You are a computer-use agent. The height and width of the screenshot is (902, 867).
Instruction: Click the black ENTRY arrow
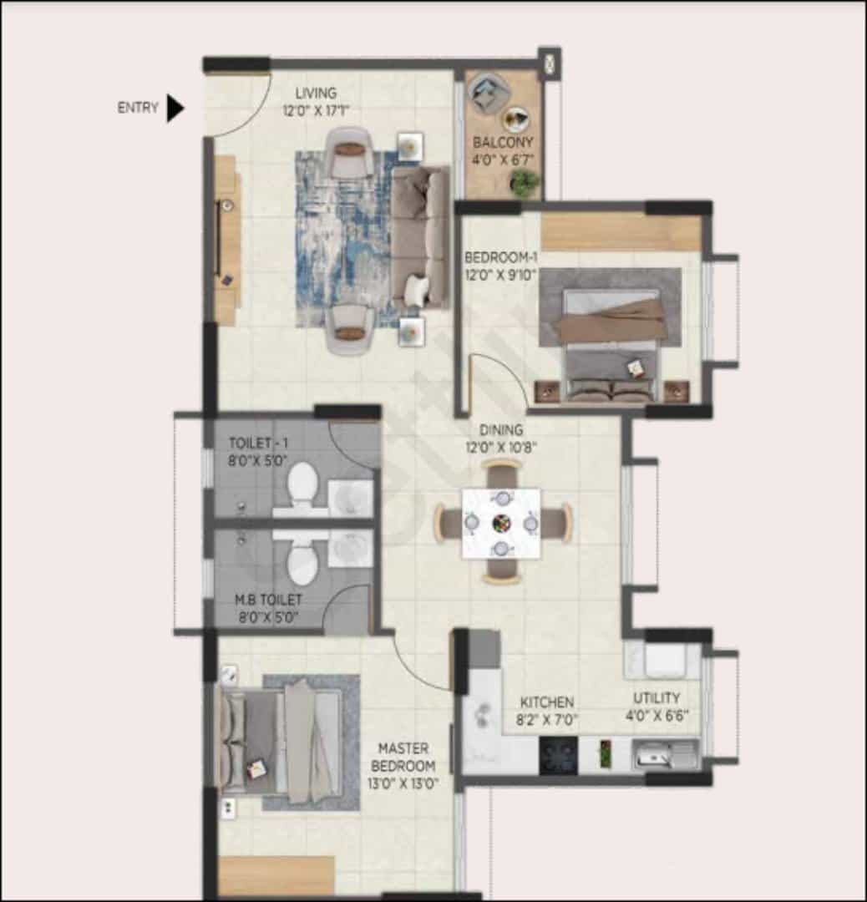(175, 108)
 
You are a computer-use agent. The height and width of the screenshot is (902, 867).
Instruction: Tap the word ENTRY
(138, 108)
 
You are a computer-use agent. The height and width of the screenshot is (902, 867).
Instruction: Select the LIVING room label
(316, 93)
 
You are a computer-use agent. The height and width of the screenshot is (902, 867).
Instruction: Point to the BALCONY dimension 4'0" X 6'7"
(503, 160)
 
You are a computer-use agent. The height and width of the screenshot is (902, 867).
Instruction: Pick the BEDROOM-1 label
(501, 257)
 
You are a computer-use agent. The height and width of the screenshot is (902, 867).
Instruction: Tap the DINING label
(501, 430)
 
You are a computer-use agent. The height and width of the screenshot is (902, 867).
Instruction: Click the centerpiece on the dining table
(502, 524)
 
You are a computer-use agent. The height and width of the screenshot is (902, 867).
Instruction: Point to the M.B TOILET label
(268, 600)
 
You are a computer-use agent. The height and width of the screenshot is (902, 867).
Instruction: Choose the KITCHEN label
(547, 702)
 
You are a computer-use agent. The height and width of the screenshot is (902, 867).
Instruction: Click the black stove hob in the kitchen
(558, 755)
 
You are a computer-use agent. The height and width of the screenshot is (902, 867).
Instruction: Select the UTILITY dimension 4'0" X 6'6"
(657, 716)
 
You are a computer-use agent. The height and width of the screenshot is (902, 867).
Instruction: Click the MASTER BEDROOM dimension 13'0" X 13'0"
(403, 783)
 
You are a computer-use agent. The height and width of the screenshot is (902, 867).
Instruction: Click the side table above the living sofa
(410, 146)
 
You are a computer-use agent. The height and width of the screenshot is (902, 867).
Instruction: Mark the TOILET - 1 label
(258, 443)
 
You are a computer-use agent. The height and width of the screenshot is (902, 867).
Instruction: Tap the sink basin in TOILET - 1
(350, 498)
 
